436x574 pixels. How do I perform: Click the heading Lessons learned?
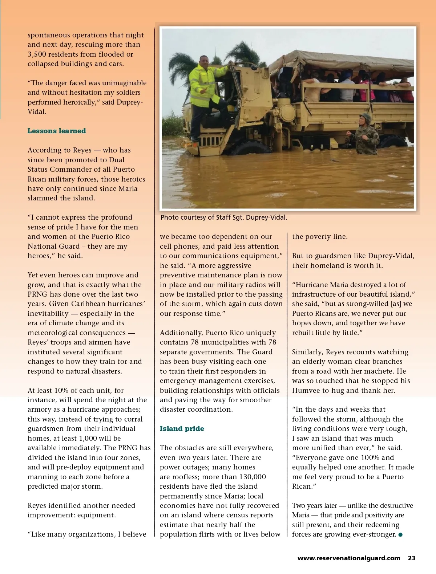coord(57,131)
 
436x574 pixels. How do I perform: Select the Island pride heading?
coord(182,429)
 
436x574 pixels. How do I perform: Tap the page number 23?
coord(411,558)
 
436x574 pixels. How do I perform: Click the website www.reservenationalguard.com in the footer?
coord(349,558)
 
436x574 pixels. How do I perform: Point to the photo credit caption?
coord(224,217)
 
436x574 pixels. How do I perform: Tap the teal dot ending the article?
coord(400,534)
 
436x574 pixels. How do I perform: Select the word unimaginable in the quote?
coord(124,83)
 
